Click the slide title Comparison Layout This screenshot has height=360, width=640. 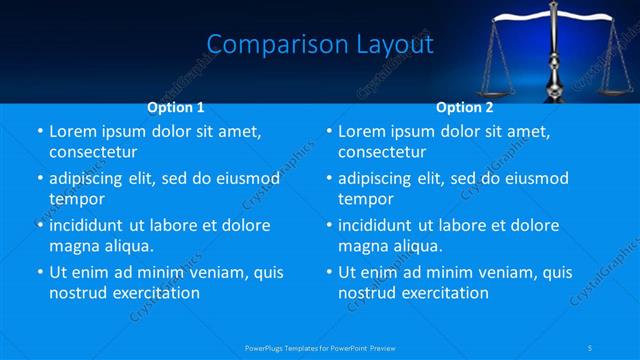[x=319, y=44]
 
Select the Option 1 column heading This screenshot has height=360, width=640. [x=176, y=106]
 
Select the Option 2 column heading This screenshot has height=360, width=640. [x=465, y=106]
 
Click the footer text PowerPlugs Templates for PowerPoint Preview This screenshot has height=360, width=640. [x=320, y=347]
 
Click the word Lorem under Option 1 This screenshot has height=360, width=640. [x=73, y=131]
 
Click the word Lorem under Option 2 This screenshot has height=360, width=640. [x=362, y=131]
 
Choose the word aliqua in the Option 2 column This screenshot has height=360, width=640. [x=410, y=245]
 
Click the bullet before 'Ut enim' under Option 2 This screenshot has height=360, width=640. [x=329, y=272]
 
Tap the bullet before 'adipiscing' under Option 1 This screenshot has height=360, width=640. [x=40, y=178]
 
